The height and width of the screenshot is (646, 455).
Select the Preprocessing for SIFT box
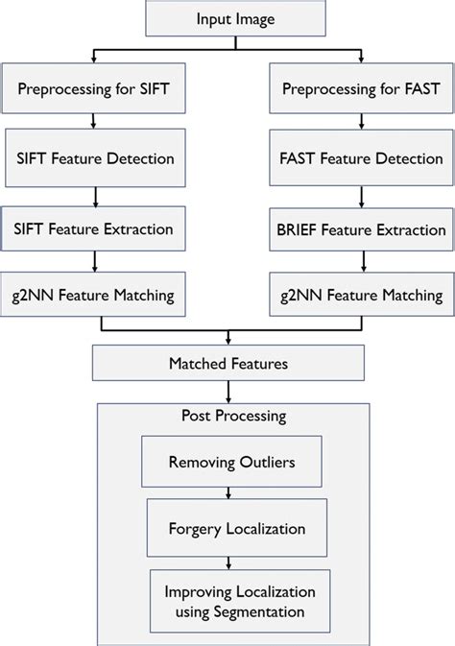coord(93,89)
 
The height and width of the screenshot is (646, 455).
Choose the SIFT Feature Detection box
coord(93,159)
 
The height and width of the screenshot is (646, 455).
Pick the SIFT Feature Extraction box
coord(93,228)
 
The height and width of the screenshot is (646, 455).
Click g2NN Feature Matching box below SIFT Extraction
coord(93,296)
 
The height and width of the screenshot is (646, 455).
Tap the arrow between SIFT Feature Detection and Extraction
coord(93,194)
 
